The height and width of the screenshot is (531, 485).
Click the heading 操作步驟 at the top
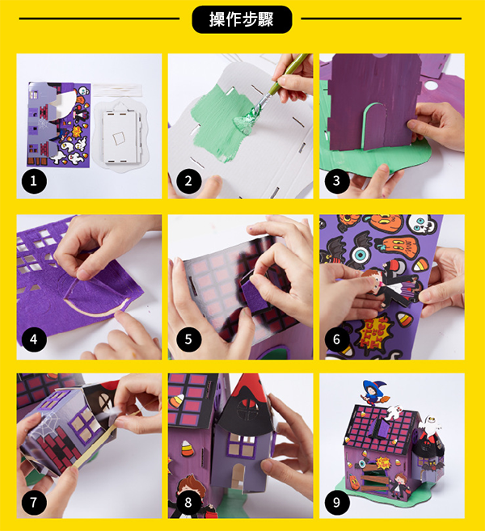pos(242,19)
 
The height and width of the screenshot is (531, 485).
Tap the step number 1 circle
pos(34,181)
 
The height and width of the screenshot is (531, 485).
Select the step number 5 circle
pos(188,339)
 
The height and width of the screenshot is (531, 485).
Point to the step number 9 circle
pos(336,502)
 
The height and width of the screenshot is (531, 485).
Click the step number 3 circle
pos(336,181)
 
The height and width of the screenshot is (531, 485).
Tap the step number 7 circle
pos(34,502)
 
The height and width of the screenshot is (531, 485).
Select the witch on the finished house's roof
pos(373,392)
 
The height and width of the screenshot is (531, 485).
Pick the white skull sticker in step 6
pos(420,224)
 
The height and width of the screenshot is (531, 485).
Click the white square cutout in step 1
pos(119,138)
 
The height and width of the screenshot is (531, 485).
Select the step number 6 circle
pos(336,339)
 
